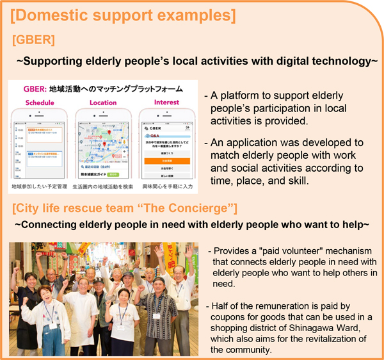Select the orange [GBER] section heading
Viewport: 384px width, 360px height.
(33, 40)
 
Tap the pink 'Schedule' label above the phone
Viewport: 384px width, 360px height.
(39, 102)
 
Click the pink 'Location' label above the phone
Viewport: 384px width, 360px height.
(103, 102)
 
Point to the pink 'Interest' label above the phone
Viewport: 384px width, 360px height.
(166, 102)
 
